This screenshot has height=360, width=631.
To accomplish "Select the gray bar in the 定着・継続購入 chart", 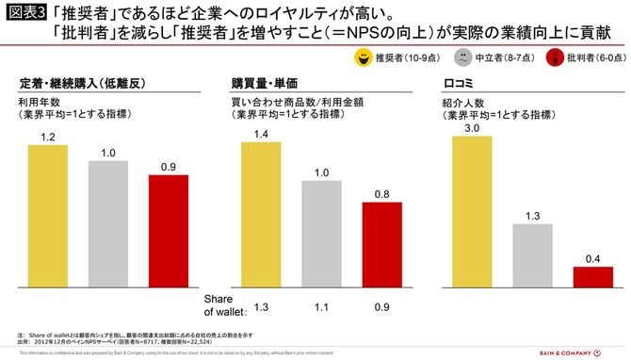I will click(107, 227).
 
